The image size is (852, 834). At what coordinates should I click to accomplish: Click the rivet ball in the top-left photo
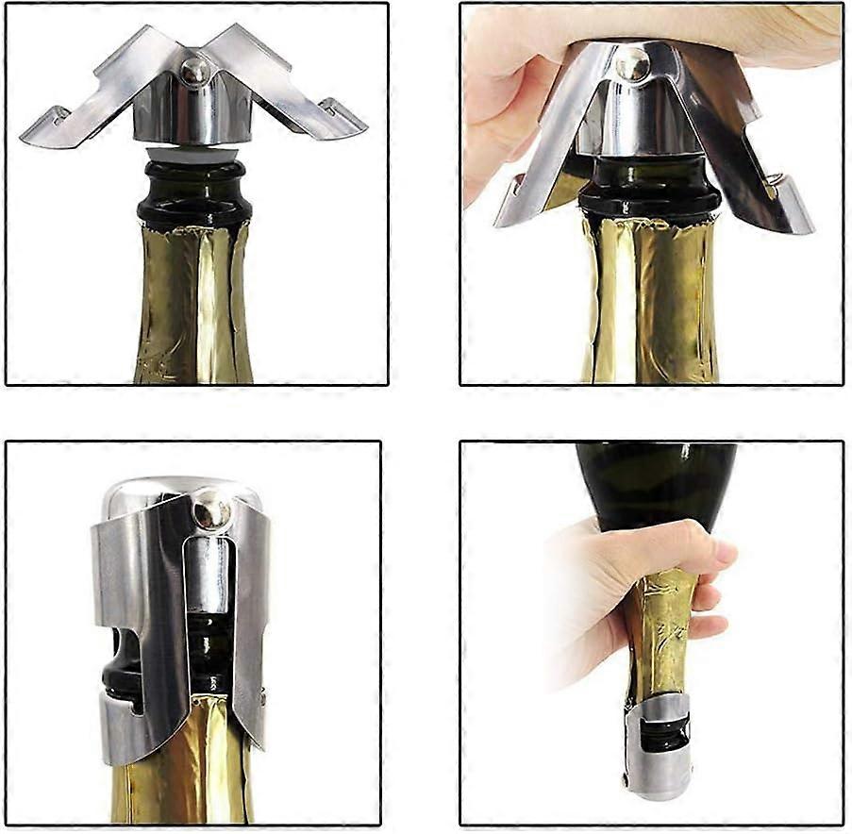[x=196, y=70]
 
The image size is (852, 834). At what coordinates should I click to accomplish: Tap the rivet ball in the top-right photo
[x=631, y=65]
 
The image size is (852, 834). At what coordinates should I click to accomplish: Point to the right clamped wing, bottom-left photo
[x=250, y=613]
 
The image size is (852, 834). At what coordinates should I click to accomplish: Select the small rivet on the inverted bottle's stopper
[x=627, y=778]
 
